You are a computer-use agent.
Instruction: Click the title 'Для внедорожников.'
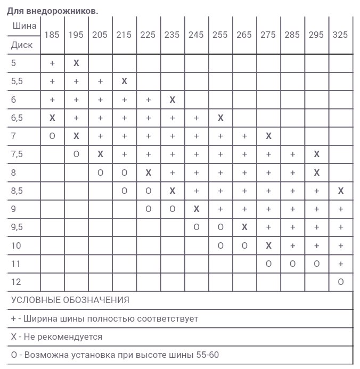[52, 11]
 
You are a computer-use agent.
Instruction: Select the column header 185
[52, 35]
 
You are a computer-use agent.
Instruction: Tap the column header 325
[340, 35]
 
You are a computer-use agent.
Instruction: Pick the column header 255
[220, 35]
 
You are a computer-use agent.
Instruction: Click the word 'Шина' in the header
[24, 26]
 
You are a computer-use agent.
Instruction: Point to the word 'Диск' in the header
[22, 45]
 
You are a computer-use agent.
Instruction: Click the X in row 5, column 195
[76, 63]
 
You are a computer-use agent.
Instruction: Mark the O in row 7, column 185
[52, 136]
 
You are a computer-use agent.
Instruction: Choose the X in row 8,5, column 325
[341, 191]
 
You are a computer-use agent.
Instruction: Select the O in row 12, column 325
[341, 282]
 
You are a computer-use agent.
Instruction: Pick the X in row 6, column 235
[172, 100]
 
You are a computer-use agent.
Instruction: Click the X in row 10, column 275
[268, 246]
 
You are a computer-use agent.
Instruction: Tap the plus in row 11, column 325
[341, 264]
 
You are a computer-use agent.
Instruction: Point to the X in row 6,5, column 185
[52, 118]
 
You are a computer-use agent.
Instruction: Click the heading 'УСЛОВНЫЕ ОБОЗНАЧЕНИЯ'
[70, 300]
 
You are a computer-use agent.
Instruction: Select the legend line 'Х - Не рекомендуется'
[56, 337]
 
